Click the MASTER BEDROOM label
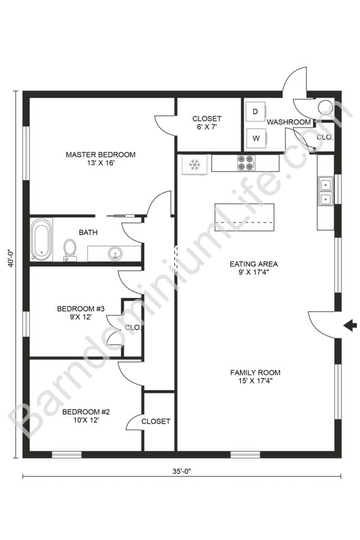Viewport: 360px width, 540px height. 100,155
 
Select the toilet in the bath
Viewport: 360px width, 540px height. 69,248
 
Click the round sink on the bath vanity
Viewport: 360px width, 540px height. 115,254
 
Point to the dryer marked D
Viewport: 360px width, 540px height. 256,112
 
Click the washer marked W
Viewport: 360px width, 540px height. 256,139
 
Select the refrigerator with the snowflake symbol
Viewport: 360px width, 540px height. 194,164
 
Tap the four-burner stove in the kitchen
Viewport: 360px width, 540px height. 246,163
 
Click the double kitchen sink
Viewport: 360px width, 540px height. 326,191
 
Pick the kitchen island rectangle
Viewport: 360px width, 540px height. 244,217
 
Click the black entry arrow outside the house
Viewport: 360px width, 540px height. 349,326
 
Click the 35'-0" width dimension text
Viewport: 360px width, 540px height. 180,471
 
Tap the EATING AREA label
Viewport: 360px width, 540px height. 253,264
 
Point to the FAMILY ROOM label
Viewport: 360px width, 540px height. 255,372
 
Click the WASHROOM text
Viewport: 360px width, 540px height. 288,122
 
